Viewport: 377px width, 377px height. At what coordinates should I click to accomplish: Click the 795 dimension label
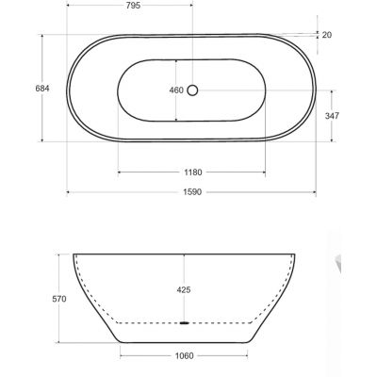pos(132,6)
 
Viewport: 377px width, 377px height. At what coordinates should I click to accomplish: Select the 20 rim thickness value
pos(327,35)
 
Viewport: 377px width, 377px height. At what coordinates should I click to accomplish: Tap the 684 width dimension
pos(42,89)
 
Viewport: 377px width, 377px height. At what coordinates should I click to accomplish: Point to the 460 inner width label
pos(176,90)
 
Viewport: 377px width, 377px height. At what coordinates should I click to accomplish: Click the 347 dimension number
pos(332,116)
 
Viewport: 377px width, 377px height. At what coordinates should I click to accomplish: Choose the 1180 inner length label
pos(193,172)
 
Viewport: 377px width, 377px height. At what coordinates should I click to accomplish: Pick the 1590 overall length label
pos(192,192)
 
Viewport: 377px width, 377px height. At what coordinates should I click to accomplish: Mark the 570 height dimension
pos(59,299)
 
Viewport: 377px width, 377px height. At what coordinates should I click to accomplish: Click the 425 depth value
pos(184,289)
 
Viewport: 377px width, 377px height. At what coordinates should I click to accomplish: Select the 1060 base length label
pos(184,356)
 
